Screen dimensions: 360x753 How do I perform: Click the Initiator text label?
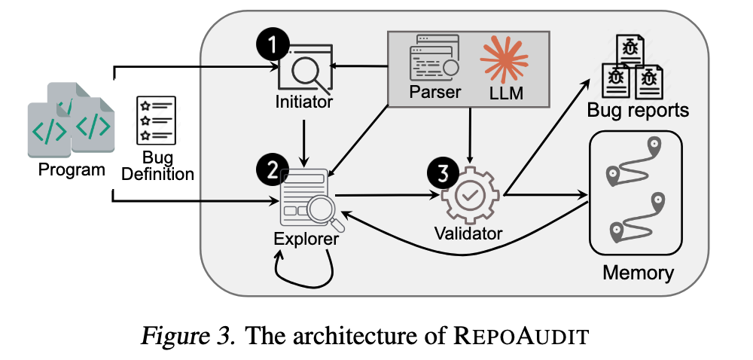point(303,101)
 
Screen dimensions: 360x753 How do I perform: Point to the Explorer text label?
point(306,241)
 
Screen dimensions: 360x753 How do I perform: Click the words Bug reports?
point(638,111)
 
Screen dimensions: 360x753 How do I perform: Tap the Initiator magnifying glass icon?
point(305,72)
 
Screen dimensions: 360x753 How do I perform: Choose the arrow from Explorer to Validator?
point(387,196)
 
